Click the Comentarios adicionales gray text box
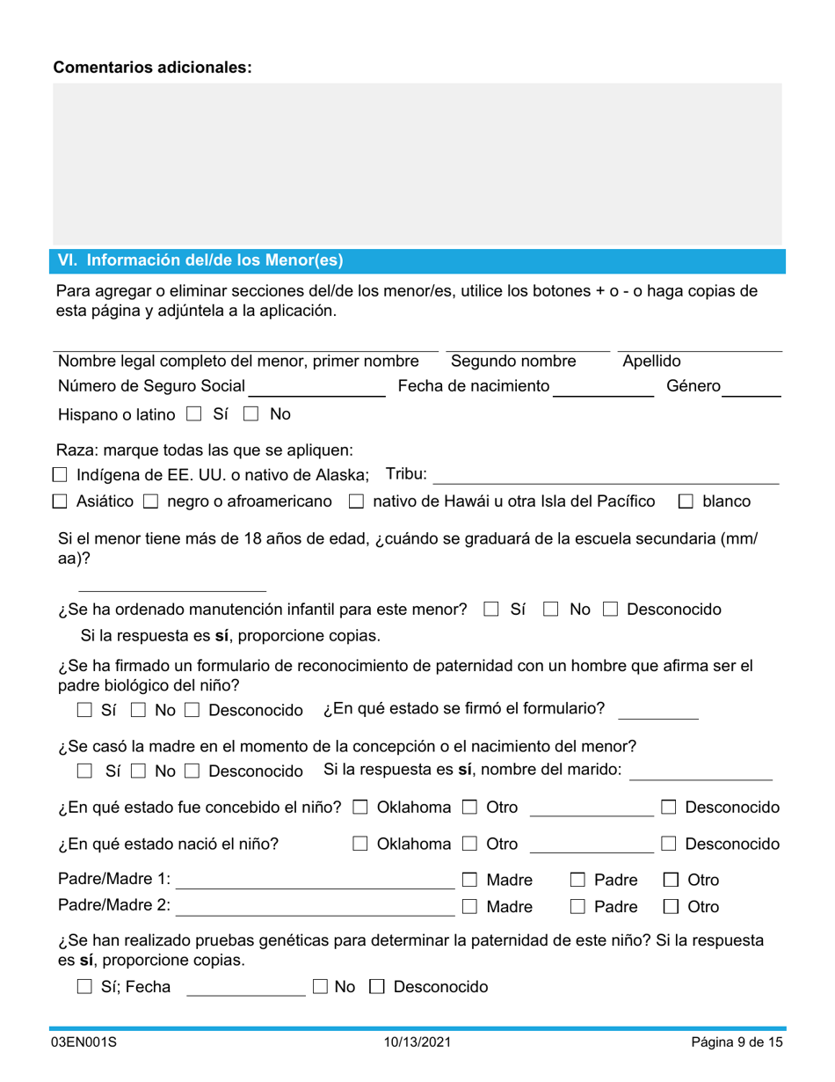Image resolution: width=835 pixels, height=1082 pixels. [x=417, y=164]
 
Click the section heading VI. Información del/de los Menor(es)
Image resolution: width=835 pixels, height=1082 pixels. [x=200, y=260]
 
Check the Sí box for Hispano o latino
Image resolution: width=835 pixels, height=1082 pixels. [x=195, y=414]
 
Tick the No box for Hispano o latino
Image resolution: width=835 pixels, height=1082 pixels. [x=250, y=414]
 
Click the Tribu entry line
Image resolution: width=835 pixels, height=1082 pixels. [x=606, y=476]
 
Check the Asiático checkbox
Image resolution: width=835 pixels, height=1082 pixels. [x=59, y=502]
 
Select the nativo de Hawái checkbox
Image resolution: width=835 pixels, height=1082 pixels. [x=356, y=502]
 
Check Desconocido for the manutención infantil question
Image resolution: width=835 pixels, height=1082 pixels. [x=610, y=610]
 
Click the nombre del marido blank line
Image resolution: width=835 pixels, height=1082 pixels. [x=701, y=771]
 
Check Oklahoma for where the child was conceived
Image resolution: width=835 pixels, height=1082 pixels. [x=360, y=808]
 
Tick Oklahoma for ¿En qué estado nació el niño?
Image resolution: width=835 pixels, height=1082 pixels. [x=360, y=844]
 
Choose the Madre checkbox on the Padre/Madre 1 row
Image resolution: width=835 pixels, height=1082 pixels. [x=469, y=880]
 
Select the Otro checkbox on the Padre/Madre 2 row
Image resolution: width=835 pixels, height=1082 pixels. [x=670, y=907]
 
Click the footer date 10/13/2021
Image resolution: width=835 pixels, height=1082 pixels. [x=417, y=1043]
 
